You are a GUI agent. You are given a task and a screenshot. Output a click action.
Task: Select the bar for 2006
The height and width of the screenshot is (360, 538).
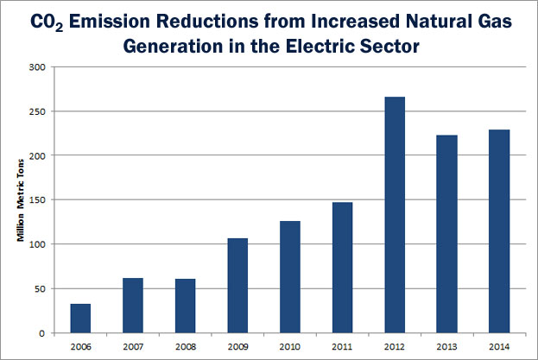80,318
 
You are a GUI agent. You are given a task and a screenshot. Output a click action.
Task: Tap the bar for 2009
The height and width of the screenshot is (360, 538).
237,285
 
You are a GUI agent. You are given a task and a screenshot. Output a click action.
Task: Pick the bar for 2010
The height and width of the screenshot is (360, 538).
289,276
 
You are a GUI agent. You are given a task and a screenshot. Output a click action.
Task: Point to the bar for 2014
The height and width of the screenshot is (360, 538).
498,231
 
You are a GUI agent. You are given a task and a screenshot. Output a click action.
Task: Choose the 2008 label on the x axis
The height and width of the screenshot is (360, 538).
185,347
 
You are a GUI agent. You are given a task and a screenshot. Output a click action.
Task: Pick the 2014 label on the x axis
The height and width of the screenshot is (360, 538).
498,347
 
